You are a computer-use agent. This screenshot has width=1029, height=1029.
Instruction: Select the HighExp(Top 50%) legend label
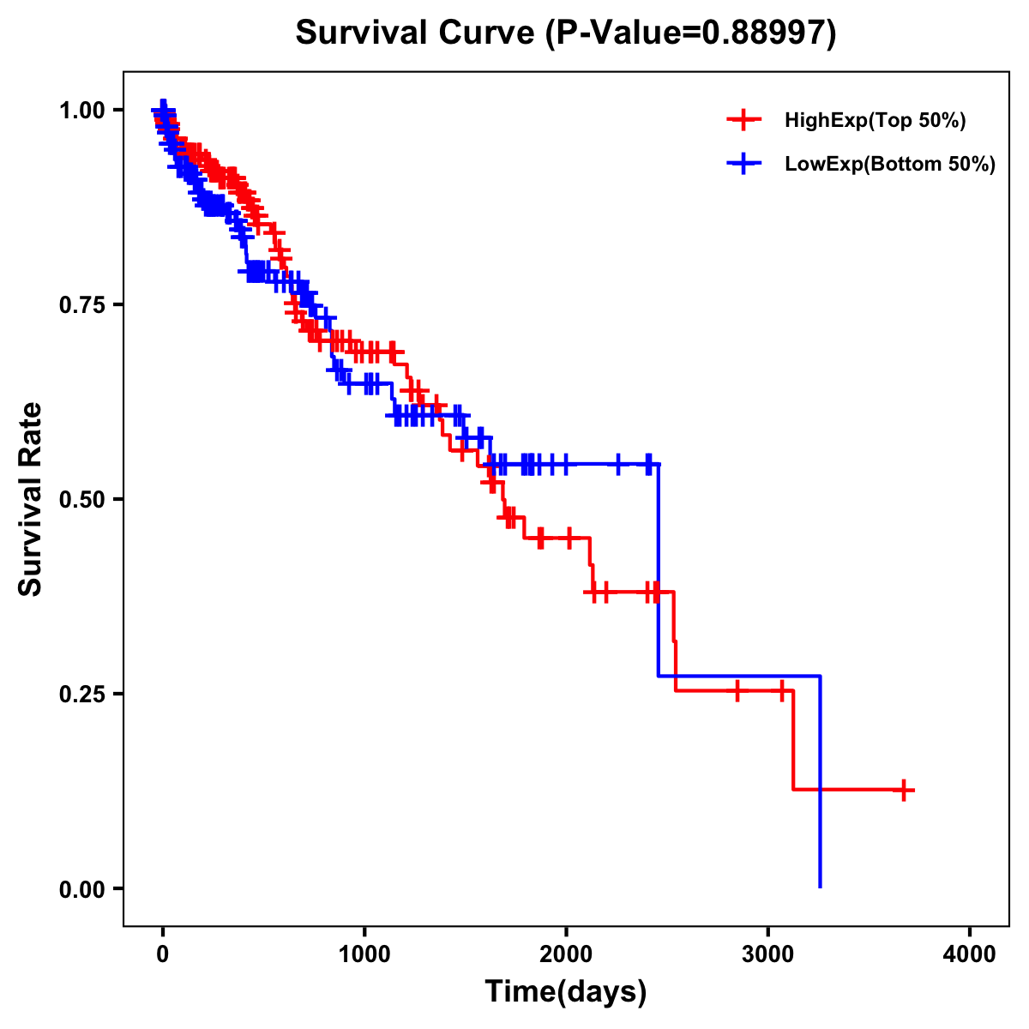876,121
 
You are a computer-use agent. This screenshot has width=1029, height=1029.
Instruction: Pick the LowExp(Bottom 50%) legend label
890,165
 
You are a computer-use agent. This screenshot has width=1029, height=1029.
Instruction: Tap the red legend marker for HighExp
743,121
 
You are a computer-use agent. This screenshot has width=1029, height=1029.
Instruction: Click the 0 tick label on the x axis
163,955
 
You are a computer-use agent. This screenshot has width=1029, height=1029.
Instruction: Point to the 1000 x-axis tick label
364,955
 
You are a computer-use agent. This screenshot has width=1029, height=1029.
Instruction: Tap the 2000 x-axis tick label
566,955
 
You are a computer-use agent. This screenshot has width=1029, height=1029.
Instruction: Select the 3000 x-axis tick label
768,955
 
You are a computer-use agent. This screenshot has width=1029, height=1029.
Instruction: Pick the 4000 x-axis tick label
970,955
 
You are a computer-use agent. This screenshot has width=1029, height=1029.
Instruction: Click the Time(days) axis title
566,992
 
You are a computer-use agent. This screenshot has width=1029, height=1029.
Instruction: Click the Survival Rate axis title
31,499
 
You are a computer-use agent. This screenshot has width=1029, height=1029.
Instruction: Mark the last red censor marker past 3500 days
904,790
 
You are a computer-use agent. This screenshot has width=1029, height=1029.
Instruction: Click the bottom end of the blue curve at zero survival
821,887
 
